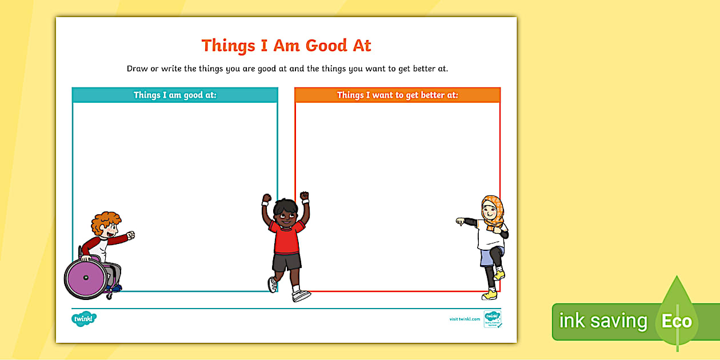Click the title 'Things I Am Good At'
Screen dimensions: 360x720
click(286, 46)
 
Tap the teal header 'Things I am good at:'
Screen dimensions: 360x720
click(175, 95)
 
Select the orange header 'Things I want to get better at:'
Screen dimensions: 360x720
click(397, 95)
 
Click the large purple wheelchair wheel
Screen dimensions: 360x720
click(85, 278)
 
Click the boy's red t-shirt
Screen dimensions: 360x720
click(287, 237)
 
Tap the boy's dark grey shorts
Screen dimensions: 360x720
click(287, 262)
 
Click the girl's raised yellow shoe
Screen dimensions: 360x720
click(499, 275)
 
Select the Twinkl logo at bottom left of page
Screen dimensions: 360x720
click(84, 318)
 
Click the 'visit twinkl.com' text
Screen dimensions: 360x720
click(465, 319)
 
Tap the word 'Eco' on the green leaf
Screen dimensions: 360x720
click(677, 321)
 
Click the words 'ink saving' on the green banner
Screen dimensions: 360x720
click(603, 321)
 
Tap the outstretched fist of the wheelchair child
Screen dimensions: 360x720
click(131, 235)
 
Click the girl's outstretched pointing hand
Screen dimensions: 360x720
click(461, 222)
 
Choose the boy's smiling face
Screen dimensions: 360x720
click(284, 214)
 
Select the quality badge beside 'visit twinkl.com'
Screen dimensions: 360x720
click(491, 319)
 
